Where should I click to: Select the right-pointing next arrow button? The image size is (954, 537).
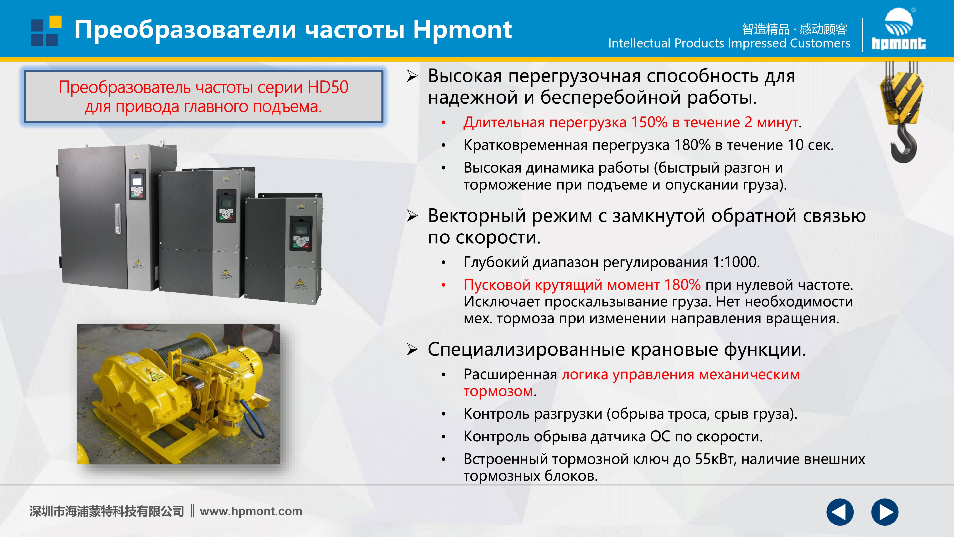point(885,512)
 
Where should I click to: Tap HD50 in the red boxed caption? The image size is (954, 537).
point(328,87)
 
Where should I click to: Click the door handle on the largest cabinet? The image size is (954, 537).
point(117,218)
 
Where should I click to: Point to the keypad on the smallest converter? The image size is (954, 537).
point(301,233)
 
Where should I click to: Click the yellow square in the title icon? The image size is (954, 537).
point(56,21)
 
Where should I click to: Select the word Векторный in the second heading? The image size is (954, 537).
point(477,216)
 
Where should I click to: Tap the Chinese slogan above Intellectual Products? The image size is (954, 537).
point(795,29)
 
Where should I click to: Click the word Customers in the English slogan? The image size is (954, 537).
point(820,43)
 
